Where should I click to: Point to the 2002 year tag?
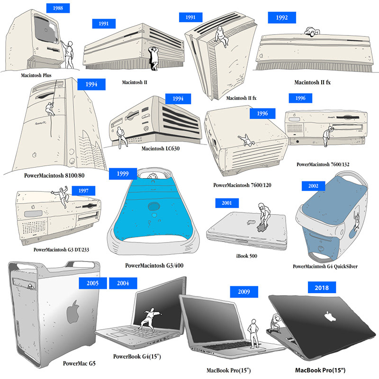[313, 186]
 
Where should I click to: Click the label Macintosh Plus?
[36, 75]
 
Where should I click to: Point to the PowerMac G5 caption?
[79, 364]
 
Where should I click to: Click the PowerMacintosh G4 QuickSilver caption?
[325, 266]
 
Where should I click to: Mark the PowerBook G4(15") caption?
[138, 356]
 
